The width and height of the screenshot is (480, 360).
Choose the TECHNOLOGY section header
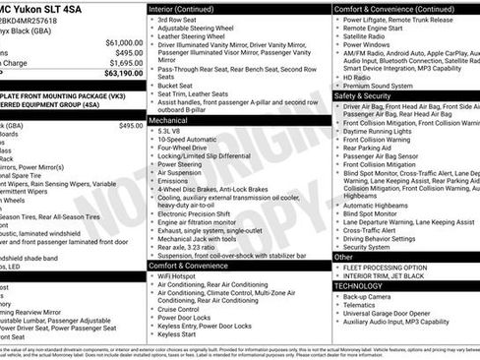364,285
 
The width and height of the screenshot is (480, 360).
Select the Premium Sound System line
379,86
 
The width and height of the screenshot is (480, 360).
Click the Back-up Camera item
369,296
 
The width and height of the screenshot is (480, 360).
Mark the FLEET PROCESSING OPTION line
386,267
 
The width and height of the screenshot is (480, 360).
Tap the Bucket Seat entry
179,85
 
